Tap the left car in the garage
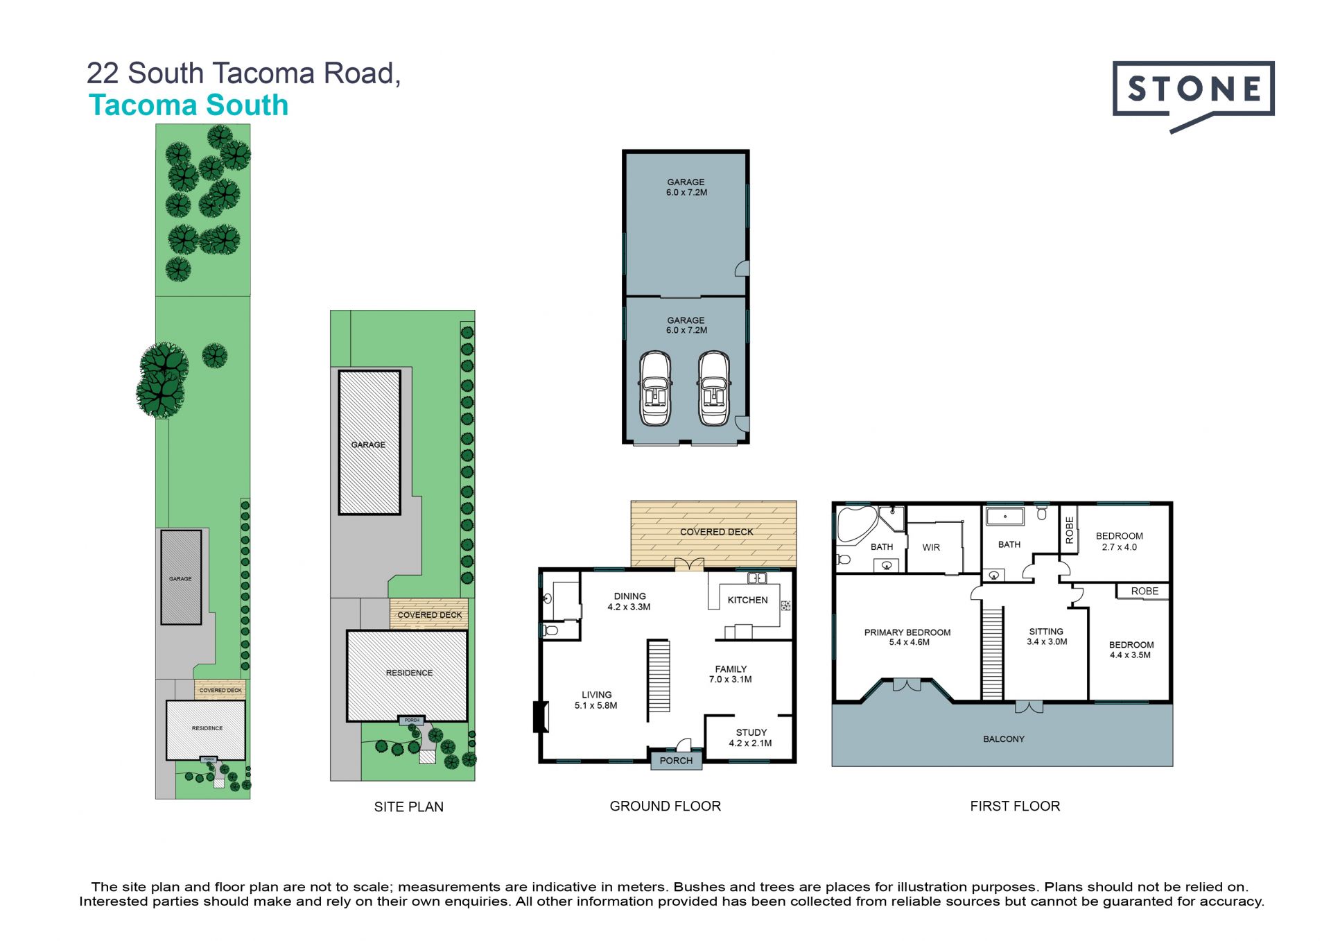point(655,388)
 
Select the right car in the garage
point(714,388)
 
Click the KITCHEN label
point(747,600)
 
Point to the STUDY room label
point(751,732)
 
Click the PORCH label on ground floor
point(676,761)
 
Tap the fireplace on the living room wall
point(540,717)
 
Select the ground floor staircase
point(659,676)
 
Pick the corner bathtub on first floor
point(857,525)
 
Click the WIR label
point(931,548)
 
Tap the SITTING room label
point(1046,632)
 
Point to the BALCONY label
point(1004,739)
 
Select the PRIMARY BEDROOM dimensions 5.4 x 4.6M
point(909,643)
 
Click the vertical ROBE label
point(1070,530)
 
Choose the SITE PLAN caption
point(409,807)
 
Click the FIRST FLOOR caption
point(1015,806)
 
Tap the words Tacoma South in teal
point(189,105)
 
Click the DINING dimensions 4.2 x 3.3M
point(629,607)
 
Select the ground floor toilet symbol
point(550,630)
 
